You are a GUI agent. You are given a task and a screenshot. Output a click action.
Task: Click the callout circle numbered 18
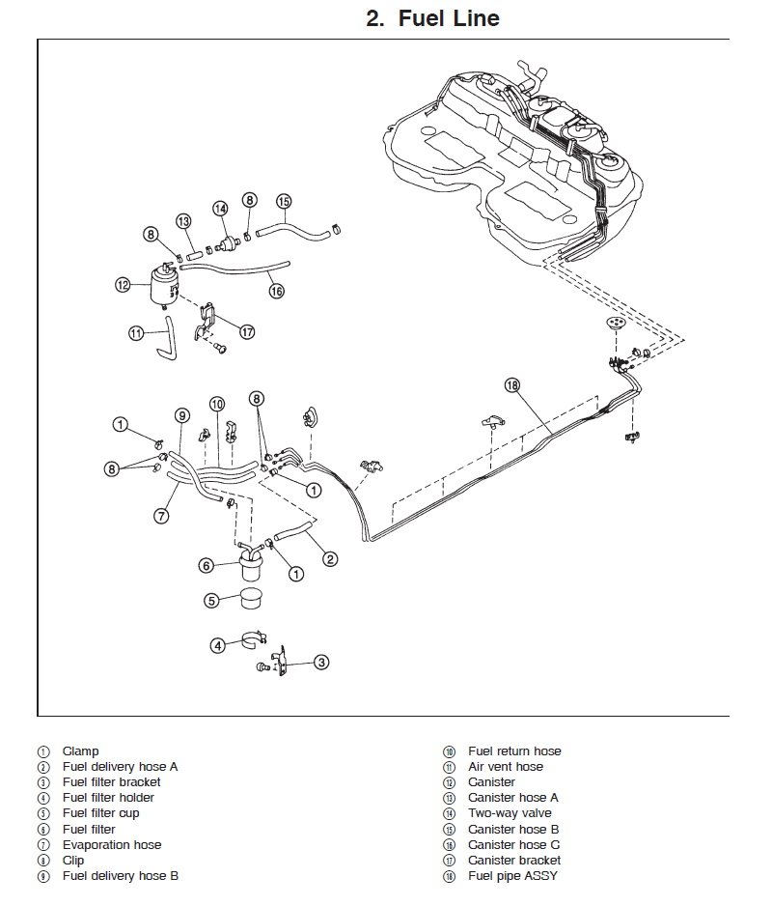pos(511,385)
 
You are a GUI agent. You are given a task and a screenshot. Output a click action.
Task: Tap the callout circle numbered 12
pos(123,284)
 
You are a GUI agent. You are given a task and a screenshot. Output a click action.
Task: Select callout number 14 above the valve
pos(221,208)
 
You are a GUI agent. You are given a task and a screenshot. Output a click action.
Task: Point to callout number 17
pos(247,331)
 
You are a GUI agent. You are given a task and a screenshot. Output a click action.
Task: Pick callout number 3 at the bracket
pos(322,662)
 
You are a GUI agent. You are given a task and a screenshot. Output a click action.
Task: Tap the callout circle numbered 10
pos(217,404)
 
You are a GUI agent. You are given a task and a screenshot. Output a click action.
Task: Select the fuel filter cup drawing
pos(248,599)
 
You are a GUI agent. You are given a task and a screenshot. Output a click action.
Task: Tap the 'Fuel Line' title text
pos(432,18)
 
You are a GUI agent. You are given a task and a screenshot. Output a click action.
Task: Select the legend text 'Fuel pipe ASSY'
pos(512,876)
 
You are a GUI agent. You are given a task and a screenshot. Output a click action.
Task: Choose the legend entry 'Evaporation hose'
pos(112,845)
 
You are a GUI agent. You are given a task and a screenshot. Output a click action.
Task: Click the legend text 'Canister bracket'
pos(513,861)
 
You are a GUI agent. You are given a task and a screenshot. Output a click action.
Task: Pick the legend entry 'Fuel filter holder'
pos(108,798)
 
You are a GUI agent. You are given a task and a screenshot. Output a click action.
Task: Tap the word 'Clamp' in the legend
pos(80,750)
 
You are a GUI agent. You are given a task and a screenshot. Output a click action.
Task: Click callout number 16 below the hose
pos(277,290)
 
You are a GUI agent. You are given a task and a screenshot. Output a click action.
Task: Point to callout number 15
pos(284,202)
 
